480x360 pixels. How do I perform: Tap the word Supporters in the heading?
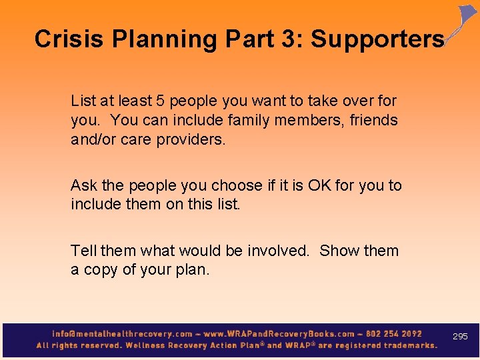coord(377,39)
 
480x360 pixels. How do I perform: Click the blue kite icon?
coord(465,20)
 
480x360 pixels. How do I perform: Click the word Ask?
coord(84,185)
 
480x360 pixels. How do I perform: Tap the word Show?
coord(339,251)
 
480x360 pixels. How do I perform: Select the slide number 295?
coord(460,337)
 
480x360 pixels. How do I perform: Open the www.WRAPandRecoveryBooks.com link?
coord(279,333)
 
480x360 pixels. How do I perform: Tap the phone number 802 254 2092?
coord(393,333)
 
